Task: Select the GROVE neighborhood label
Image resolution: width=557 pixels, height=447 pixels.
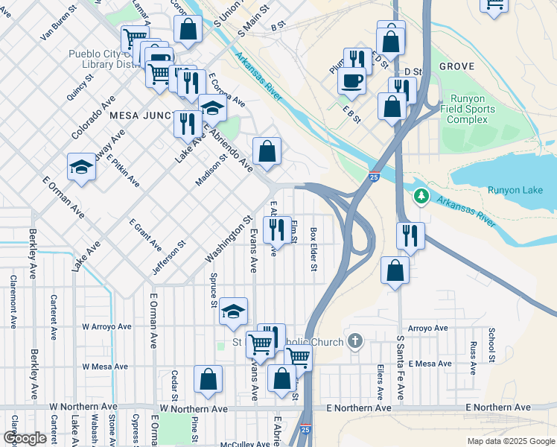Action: point(456,66)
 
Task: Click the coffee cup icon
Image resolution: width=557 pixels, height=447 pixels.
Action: point(351,80)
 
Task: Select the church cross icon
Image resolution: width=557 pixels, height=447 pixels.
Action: point(355,342)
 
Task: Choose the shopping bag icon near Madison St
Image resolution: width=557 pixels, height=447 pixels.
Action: point(267,151)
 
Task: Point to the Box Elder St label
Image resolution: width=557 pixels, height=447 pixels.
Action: point(313,249)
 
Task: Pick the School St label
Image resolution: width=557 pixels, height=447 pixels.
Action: point(492,345)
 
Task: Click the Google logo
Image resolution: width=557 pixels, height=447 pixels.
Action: point(24,438)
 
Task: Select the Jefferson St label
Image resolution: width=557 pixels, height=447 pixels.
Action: point(170,258)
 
